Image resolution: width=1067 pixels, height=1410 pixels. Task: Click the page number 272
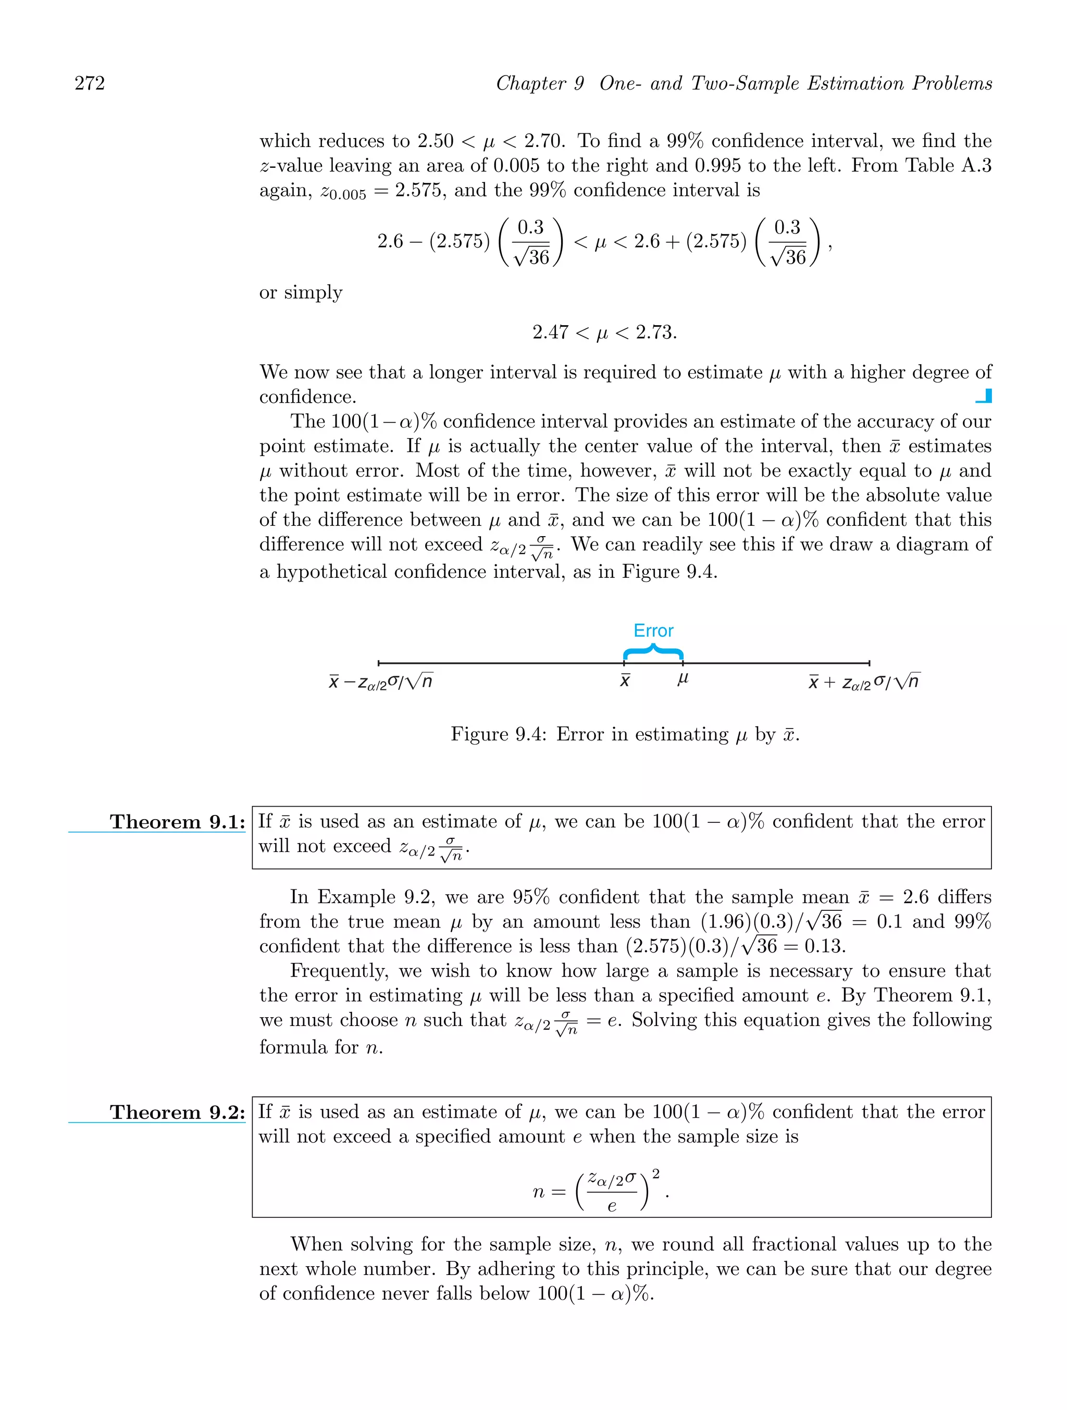pyautogui.click(x=90, y=83)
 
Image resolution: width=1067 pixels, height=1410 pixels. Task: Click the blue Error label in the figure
pyautogui.click(x=653, y=630)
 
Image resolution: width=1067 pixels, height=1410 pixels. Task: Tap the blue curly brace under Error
pyautogui.click(x=653, y=652)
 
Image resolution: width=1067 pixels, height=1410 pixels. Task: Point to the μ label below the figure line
pyautogui.click(x=683, y=679)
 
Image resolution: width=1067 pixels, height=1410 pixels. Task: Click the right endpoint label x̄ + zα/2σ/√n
pyautogui.click(x=864, y=682)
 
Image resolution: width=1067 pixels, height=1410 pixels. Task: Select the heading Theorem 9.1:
pyautogui.click(x=177, y=822)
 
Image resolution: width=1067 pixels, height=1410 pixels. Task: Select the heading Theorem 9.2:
pyautogui.click(x=177, y=1112)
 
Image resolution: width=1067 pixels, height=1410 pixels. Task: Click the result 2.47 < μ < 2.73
pyautogui.click(x=604, y=332)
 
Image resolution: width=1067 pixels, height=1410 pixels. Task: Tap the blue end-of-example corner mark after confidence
pyautogui.click(x=984, y=397)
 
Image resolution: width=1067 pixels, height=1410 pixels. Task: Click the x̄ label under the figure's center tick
pyautogui.click(x=625, y=681)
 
